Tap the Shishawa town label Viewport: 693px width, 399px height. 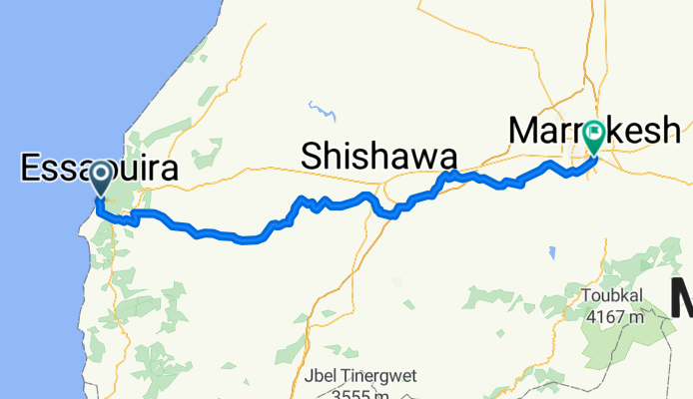379,156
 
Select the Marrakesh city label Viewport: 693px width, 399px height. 595,130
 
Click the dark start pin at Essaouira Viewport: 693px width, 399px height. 102,177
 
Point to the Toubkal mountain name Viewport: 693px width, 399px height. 614,296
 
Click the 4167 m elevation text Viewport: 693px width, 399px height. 615,317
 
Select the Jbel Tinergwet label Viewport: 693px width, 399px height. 359,377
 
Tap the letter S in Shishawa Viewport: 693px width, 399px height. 311,156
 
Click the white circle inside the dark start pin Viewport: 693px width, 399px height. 102,174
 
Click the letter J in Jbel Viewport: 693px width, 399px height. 306,377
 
